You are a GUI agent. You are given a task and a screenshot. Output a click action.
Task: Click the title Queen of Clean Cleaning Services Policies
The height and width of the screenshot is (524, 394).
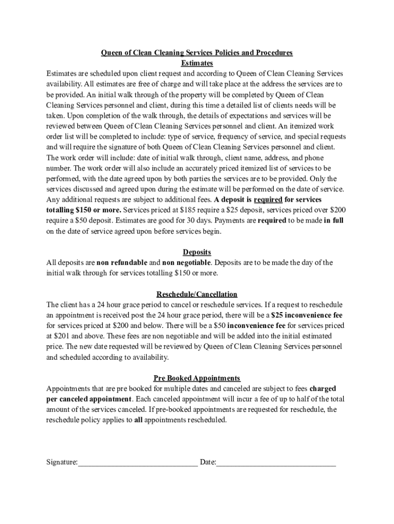pos(196,53)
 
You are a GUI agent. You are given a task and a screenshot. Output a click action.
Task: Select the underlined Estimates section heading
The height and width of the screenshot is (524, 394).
pos(197,63)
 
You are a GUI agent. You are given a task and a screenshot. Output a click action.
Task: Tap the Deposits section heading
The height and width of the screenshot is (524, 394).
pos(197,252)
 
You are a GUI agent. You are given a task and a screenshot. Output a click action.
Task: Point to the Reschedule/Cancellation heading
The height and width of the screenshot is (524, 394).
pos(197,294)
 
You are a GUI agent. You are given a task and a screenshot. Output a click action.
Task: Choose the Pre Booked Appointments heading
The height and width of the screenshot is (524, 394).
pos(197,378)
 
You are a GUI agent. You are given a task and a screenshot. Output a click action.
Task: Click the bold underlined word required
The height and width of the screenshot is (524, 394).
pos(268,200)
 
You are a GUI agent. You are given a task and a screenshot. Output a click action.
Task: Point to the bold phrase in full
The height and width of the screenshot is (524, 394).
pos(334,221)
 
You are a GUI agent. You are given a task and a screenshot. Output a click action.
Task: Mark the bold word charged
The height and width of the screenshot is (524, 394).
pos(323,389)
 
